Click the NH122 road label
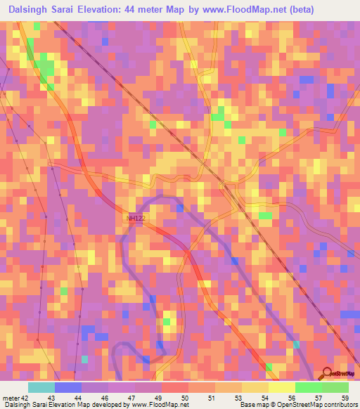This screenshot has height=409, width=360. (136, 219)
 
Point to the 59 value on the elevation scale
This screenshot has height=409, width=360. (344, 398)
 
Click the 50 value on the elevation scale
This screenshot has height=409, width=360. (184, 398)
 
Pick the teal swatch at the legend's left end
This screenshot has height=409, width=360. (41, 387)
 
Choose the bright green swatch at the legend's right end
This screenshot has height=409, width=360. (335, 387)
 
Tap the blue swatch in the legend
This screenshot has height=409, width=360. (68, 387)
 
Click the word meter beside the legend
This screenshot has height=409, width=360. (11, 398)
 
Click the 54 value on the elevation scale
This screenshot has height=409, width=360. (264, 398)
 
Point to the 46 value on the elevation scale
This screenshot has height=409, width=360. (105, 398)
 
